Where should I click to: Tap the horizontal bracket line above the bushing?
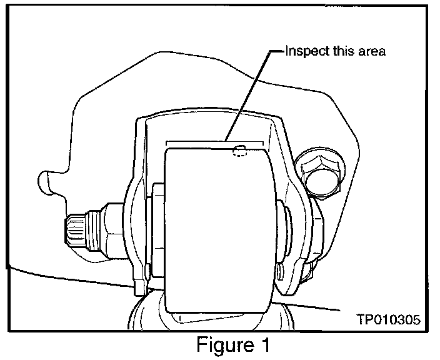coord(212,140)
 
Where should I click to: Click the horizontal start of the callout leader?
coord(275,51)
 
